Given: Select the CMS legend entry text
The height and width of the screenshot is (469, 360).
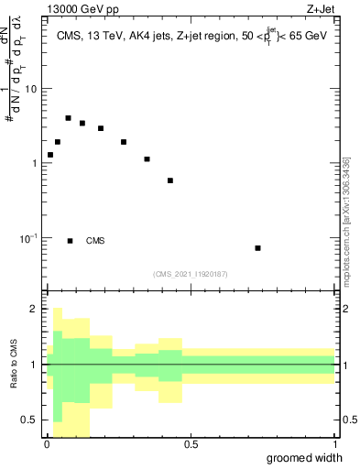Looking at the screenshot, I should pos(94,241).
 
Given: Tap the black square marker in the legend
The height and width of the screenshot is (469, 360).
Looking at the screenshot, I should pos(70,241).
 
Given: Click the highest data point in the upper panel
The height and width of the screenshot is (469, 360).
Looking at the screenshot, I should pos(68,118).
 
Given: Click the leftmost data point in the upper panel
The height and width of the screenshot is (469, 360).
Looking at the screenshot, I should pos(49,155).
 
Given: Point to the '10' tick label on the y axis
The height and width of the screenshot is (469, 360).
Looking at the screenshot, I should pos(32,89).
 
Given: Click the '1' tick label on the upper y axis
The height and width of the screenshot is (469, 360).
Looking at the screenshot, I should pos(35,163).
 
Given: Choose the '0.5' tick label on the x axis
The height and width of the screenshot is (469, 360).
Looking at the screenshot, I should pos(191,444).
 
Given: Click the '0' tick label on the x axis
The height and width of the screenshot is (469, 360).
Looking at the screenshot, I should pos(47,444).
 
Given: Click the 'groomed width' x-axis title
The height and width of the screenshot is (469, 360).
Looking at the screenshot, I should pos(305,457).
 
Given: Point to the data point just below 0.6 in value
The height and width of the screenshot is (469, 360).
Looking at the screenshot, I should pos(170,180).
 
